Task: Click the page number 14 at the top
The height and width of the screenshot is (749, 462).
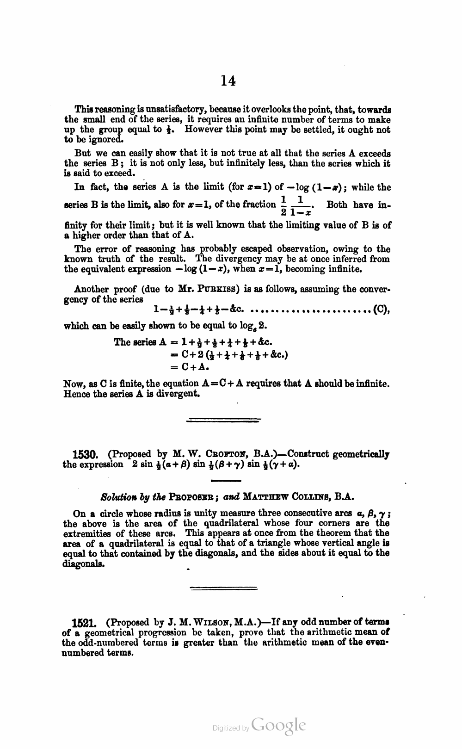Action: pos(228,80)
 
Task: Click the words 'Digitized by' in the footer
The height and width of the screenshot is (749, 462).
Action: pos(230,728)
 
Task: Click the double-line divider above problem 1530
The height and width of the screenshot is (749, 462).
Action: pos(223,421)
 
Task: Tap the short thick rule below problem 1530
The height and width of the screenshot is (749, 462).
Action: pos(226,482)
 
